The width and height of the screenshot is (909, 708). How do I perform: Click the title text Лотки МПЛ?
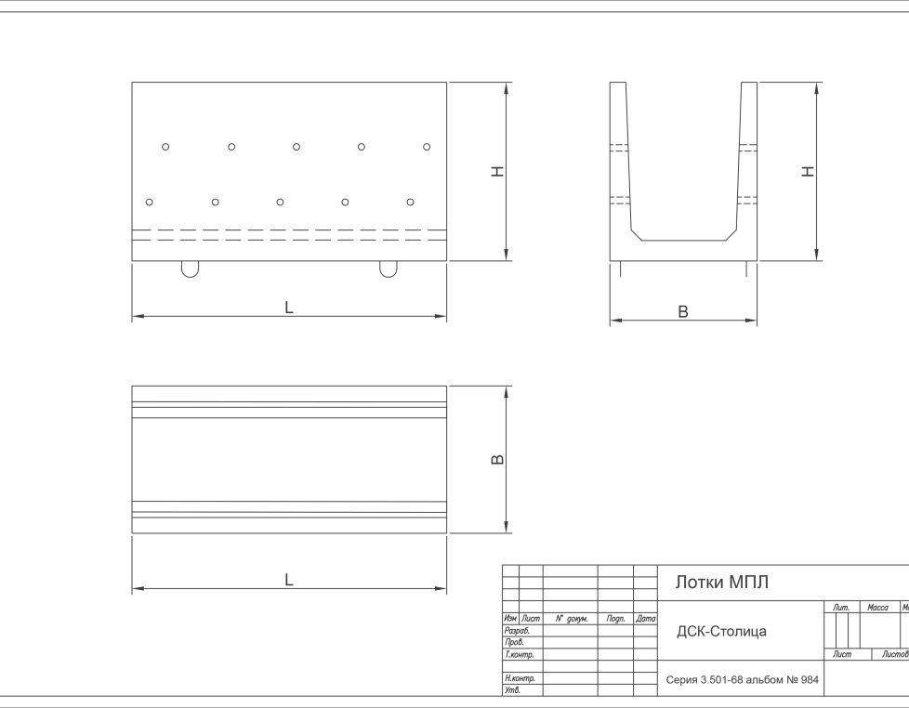722,582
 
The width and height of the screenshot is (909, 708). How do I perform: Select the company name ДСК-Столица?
722,631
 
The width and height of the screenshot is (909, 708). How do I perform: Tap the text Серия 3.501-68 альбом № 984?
742,679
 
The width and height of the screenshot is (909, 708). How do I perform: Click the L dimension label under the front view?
289,308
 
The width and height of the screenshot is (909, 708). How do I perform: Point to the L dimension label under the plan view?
289,580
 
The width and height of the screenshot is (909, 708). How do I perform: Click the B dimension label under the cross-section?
683,311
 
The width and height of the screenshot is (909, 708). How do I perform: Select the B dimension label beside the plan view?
497,459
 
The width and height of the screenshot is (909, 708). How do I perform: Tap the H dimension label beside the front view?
497,171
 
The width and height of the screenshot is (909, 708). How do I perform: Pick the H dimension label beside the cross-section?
808,171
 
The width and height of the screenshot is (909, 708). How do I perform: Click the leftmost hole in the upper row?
165,147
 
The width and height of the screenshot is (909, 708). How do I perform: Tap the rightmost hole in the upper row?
427,147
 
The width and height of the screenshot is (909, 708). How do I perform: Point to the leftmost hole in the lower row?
150,202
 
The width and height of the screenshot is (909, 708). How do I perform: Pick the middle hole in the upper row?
296,147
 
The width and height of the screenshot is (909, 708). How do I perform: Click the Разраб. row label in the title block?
517,630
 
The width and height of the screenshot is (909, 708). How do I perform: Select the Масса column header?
877,607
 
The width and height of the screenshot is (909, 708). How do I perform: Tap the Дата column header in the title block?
645,619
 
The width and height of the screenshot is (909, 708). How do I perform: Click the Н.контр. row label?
520,678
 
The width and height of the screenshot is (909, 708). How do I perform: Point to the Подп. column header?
615,619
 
